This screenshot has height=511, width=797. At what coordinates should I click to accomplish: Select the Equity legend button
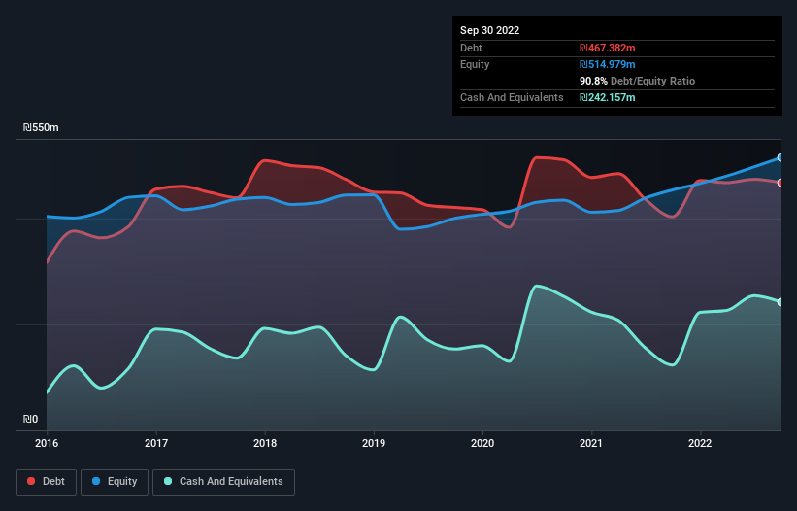coord(115,482)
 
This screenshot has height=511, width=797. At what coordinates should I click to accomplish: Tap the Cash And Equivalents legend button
coord(223,482)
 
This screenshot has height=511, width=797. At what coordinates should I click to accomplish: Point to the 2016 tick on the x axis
coord(47,443)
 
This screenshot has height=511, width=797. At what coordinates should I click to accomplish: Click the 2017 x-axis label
coord(155,443)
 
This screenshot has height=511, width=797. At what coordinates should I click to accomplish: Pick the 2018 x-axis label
coord(264,443)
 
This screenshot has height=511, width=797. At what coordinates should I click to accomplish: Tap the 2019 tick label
coord(374,443)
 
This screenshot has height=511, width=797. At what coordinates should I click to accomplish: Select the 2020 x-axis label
coord(482,443)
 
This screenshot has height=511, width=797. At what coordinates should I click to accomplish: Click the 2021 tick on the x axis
coord(591,443)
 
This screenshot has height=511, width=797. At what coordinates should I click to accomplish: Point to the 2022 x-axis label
coord(700,443)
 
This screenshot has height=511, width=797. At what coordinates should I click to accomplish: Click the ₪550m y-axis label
coord(41,128)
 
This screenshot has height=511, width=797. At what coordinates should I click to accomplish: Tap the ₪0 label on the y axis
coord(31,420)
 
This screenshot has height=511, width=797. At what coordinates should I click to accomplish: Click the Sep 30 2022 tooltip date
coord(489,30)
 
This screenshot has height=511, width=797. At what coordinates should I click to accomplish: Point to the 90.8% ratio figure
coord(593,81)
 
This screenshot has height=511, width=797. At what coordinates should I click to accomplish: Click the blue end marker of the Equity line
coord(780,157)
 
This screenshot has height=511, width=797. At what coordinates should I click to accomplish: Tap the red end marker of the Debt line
coord(780,183)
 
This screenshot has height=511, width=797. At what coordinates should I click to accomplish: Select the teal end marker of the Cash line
coord(780,302)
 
